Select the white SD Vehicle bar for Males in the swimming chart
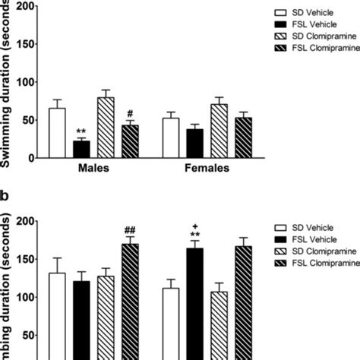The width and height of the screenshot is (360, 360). (x=56, y=134)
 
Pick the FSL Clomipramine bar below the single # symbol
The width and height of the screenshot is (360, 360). (x=130, y=142)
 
